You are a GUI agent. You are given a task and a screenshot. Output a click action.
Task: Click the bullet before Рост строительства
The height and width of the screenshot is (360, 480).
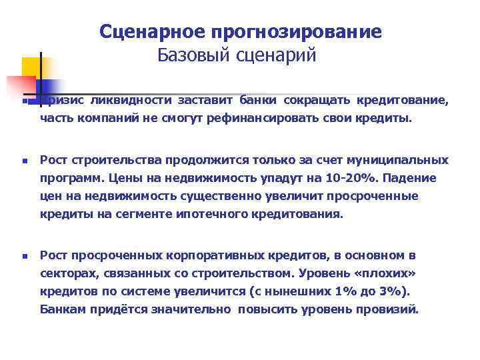(x=24, y=161)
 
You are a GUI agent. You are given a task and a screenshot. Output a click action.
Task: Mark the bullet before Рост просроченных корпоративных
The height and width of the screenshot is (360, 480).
(x=24, y=255)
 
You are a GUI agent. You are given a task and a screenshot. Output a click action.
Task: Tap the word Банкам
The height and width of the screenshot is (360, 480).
(x=62, y=309)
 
